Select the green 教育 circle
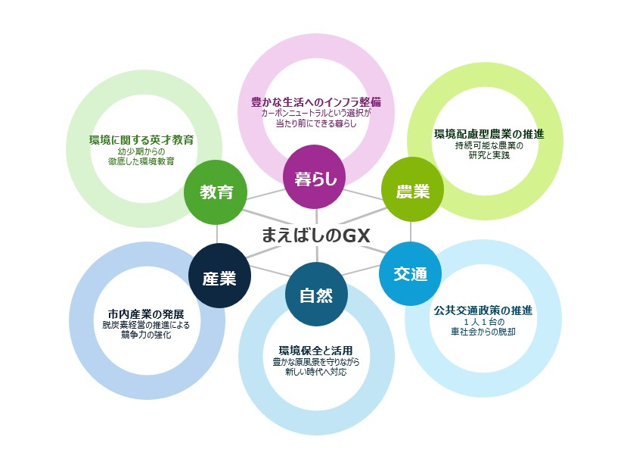point(216,192)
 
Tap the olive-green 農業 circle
point(411,192)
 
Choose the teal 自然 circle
point(316,295)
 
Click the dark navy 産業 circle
point(219,277)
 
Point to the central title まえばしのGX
point(314,235)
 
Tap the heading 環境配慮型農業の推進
point(489,134)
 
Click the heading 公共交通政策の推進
point(483,310)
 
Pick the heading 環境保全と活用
point(315,351)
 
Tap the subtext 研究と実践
point(489,155)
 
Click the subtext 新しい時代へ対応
point(316,373)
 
